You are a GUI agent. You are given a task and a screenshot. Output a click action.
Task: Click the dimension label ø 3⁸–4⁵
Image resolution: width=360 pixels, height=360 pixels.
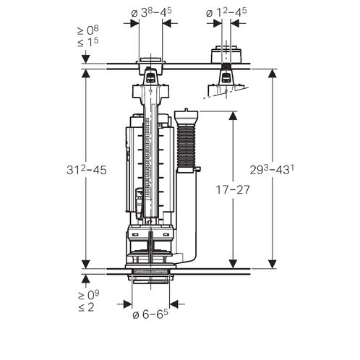151,12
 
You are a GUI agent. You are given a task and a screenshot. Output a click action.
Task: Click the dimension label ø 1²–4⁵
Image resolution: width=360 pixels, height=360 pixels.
226,12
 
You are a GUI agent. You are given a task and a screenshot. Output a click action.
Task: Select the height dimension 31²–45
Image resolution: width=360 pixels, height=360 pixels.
87,170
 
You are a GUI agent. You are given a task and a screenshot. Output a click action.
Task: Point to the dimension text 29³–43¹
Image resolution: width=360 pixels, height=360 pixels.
272,170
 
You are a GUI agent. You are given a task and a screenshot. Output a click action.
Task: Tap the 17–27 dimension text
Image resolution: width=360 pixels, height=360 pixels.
233,189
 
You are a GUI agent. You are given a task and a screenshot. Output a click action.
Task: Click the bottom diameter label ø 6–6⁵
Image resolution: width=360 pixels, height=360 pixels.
150,314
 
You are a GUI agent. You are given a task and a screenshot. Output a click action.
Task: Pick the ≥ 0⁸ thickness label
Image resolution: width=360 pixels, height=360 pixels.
88,30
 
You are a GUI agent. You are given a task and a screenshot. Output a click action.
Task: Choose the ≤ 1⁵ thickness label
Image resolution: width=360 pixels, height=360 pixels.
88,42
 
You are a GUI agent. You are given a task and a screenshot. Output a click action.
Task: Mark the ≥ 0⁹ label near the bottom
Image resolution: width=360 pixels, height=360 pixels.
88,295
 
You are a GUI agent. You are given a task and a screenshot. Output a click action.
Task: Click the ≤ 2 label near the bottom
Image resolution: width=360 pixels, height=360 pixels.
86,307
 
